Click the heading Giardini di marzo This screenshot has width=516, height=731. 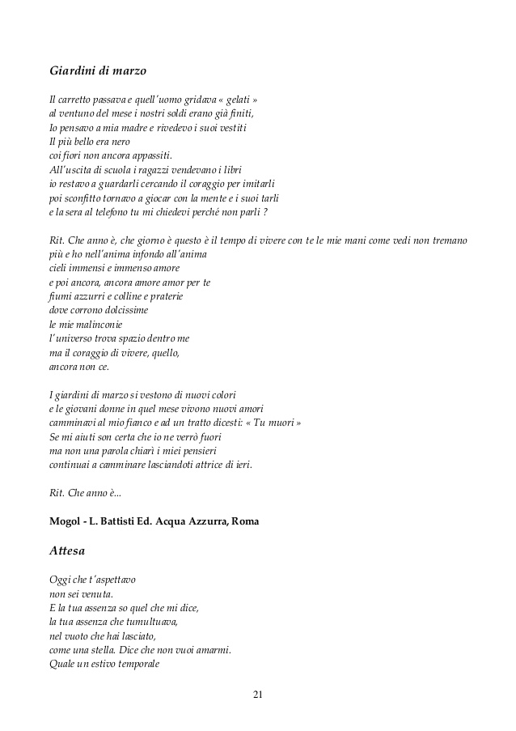point(97,71)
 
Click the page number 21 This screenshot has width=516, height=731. point(258,695)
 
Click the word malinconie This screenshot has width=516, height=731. point(93,324)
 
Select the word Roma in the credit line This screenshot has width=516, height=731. point(245,521)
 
